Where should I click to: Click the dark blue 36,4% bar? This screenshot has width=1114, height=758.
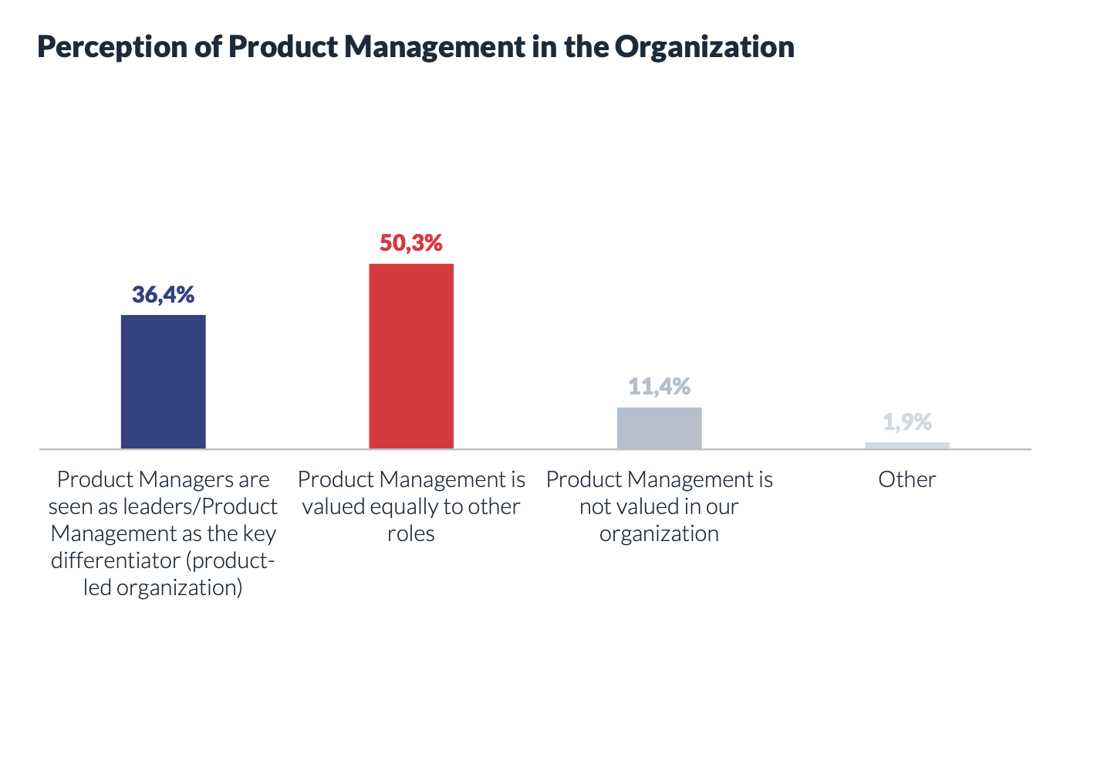point(163,381)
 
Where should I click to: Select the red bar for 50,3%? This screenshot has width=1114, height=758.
point(410,356)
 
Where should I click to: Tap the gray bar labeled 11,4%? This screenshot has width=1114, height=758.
point(659,428)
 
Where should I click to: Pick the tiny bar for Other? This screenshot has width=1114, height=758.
point(906,445)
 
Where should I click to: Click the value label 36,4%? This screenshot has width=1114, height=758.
point(163,294)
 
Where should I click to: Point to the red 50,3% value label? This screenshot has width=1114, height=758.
point(410,243)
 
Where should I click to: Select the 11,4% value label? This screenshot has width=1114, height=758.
point(659,386)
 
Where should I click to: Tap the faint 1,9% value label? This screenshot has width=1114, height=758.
point(907,422)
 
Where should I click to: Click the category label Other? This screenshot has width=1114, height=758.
point(906,479)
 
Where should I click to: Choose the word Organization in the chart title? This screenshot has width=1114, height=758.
point(704,48)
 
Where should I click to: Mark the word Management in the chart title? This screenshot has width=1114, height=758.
point(434,48)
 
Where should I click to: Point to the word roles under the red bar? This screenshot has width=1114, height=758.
point(410,534)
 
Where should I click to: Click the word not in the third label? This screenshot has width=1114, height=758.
point(594,507)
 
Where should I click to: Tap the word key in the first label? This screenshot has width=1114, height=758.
point(259,534)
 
